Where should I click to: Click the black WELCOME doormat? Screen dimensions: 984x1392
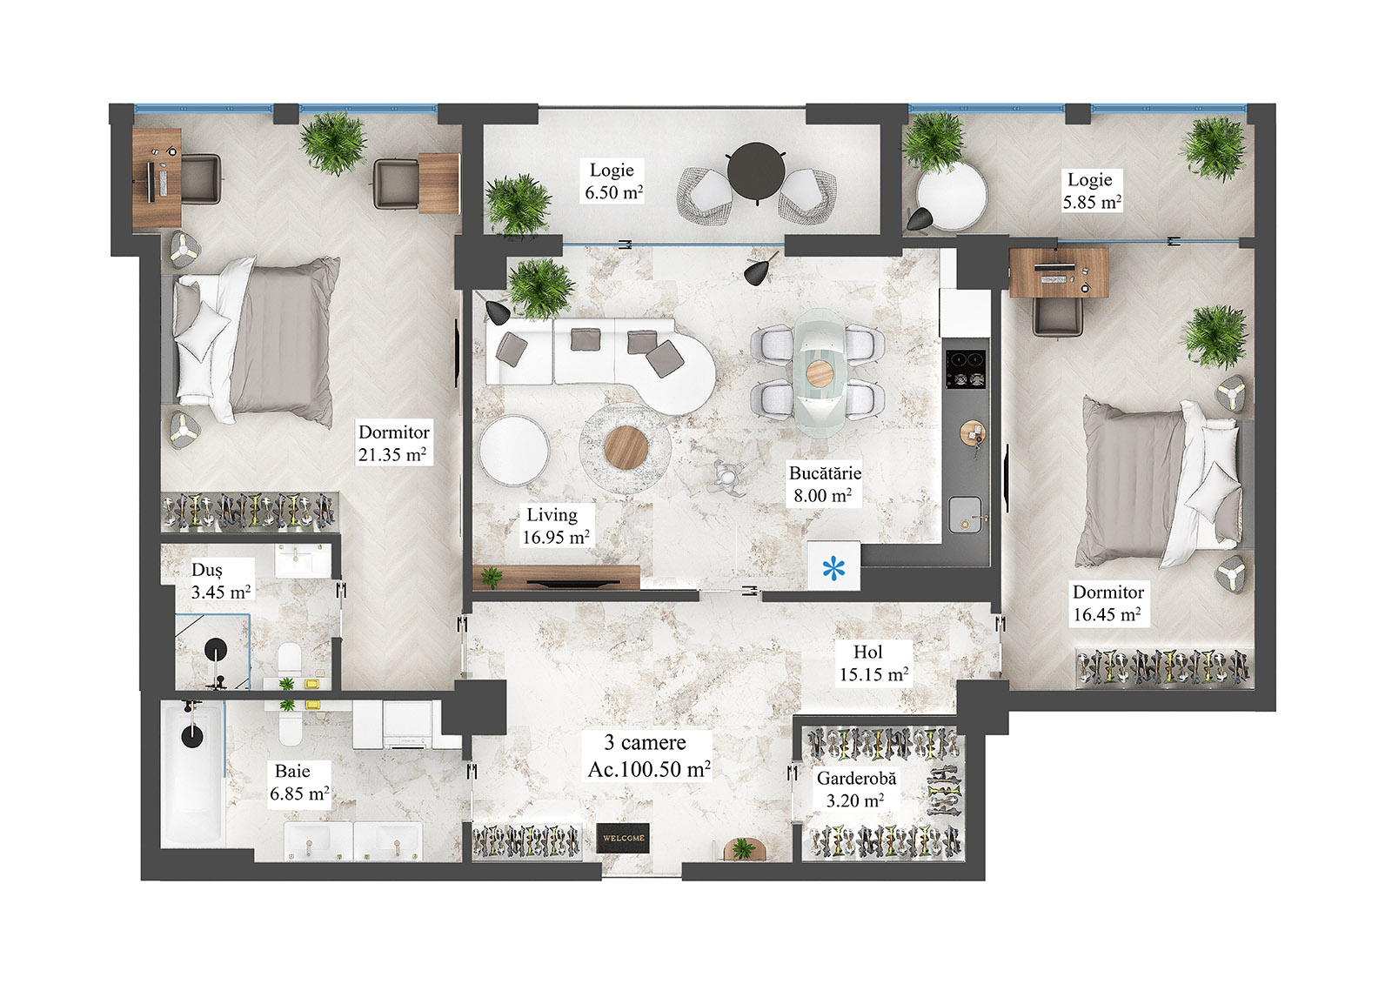click(624, 838)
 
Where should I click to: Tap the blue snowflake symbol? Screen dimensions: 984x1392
click(833, 570)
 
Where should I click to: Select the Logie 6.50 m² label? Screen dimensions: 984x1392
click(613, 182)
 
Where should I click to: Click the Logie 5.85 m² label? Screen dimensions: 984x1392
click(1091, 191)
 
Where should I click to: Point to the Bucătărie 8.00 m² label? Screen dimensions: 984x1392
click(824, 485)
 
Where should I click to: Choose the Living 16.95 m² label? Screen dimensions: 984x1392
click(555, 526)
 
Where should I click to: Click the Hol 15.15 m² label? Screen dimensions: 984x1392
click(873, 663)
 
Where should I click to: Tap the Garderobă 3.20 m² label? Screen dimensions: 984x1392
click(855, 789)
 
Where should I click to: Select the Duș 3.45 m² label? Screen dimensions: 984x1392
click(220, 581)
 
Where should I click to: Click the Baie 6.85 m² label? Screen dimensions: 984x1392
click(298, 782)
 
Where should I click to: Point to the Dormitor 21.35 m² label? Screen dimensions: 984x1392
click(393, 443)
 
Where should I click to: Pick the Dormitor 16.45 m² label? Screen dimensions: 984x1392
click(1107, 603)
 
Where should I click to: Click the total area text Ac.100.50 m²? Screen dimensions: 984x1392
click(648, 769)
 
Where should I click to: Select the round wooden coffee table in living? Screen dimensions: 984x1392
click(626, 447)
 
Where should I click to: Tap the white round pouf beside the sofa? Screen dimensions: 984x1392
click(513, 450)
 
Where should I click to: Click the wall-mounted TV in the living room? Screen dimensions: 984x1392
click(570, 584)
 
